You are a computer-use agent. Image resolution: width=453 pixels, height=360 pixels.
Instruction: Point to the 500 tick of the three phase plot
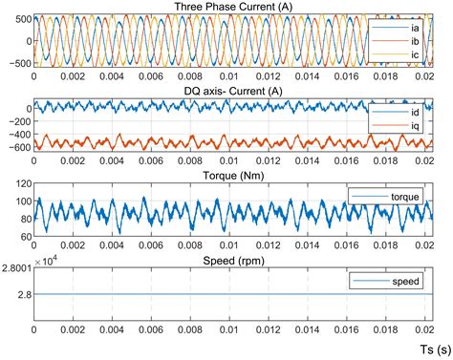pyautogui.click(x=19, y=18)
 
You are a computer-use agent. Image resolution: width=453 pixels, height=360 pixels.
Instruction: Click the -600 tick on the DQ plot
pyautogui.click(x=16, y=147)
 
